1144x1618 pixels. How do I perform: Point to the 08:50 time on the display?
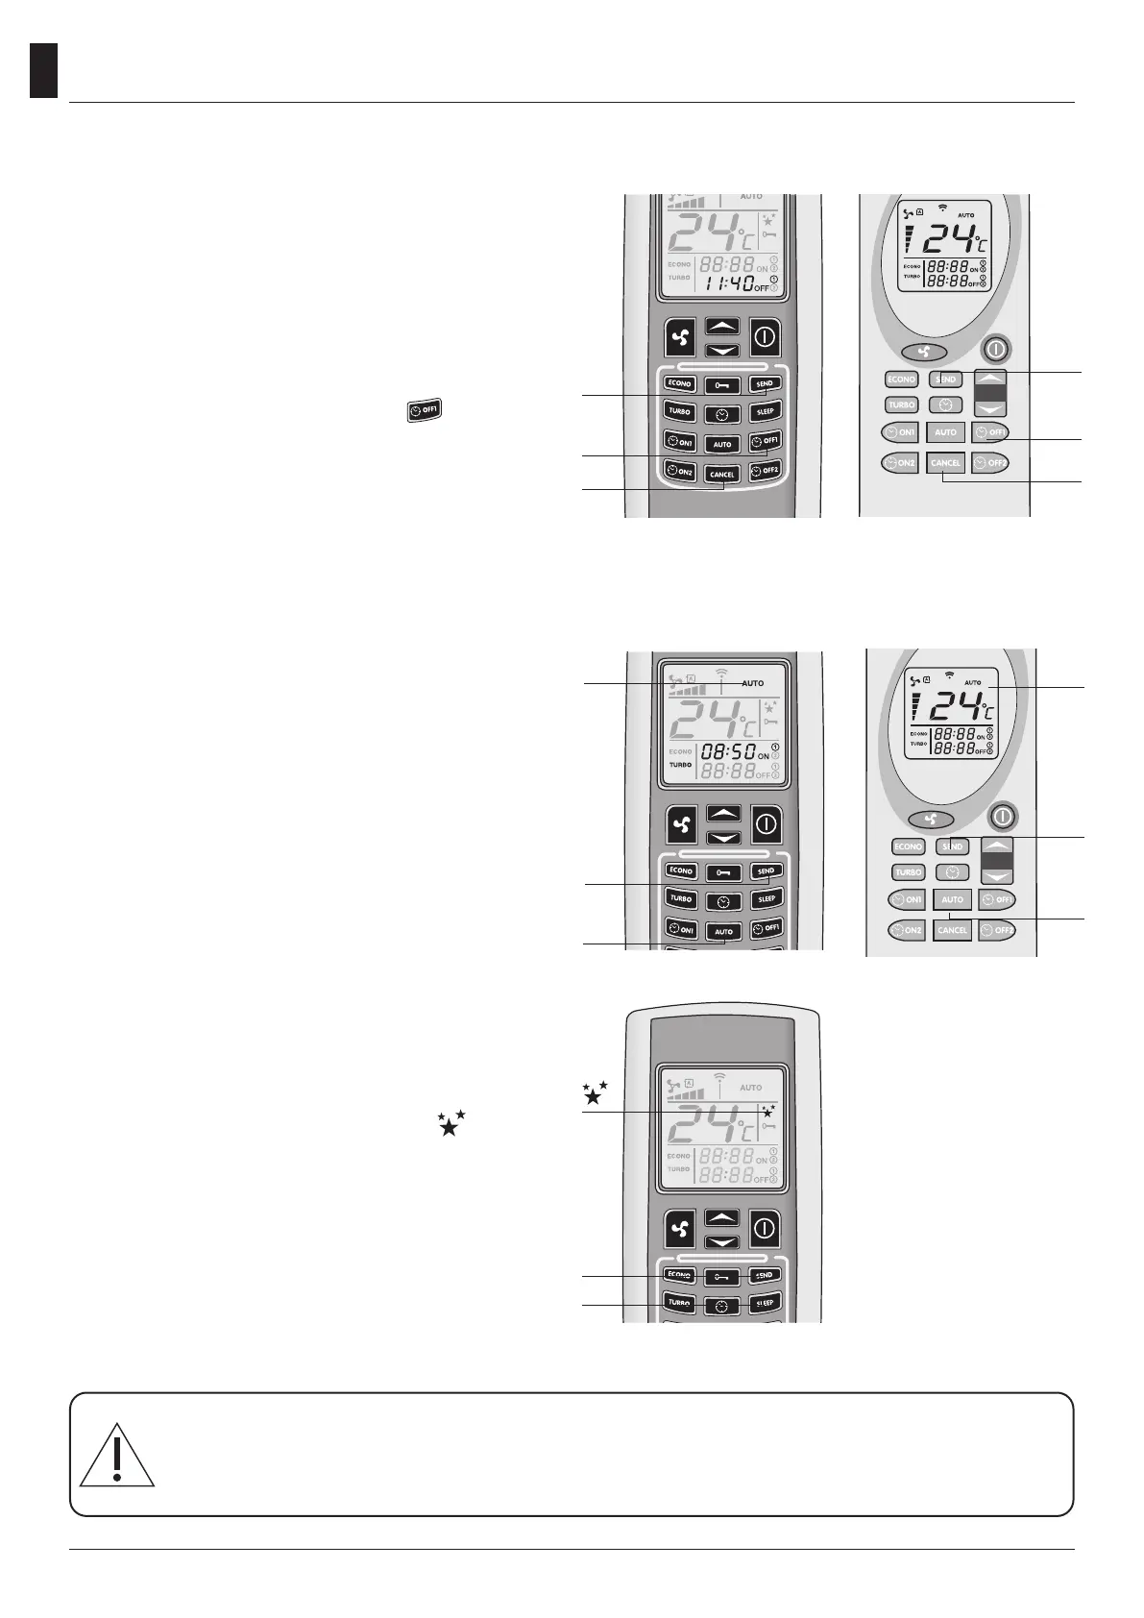coord(726,751)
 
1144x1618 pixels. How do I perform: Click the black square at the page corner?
coord(43,70)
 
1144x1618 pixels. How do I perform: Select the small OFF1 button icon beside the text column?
coord(423,411)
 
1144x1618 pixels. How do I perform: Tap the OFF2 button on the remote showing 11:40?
coord(766,471)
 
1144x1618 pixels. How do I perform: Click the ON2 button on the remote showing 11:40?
coord(680,471)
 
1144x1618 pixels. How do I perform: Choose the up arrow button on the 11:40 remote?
coord(722,327)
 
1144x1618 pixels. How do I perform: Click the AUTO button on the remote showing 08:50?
coord(723,931)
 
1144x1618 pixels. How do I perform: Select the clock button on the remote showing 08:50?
coord(723,901)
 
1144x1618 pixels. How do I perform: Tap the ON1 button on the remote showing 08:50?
coord(681,929)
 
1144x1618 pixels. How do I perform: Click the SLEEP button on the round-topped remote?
coord(765,1304)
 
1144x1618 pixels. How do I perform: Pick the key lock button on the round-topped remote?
coord(722,1277)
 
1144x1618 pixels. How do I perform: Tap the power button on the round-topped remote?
coord(764,1228)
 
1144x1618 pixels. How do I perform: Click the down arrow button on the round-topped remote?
coord(722,1241)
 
